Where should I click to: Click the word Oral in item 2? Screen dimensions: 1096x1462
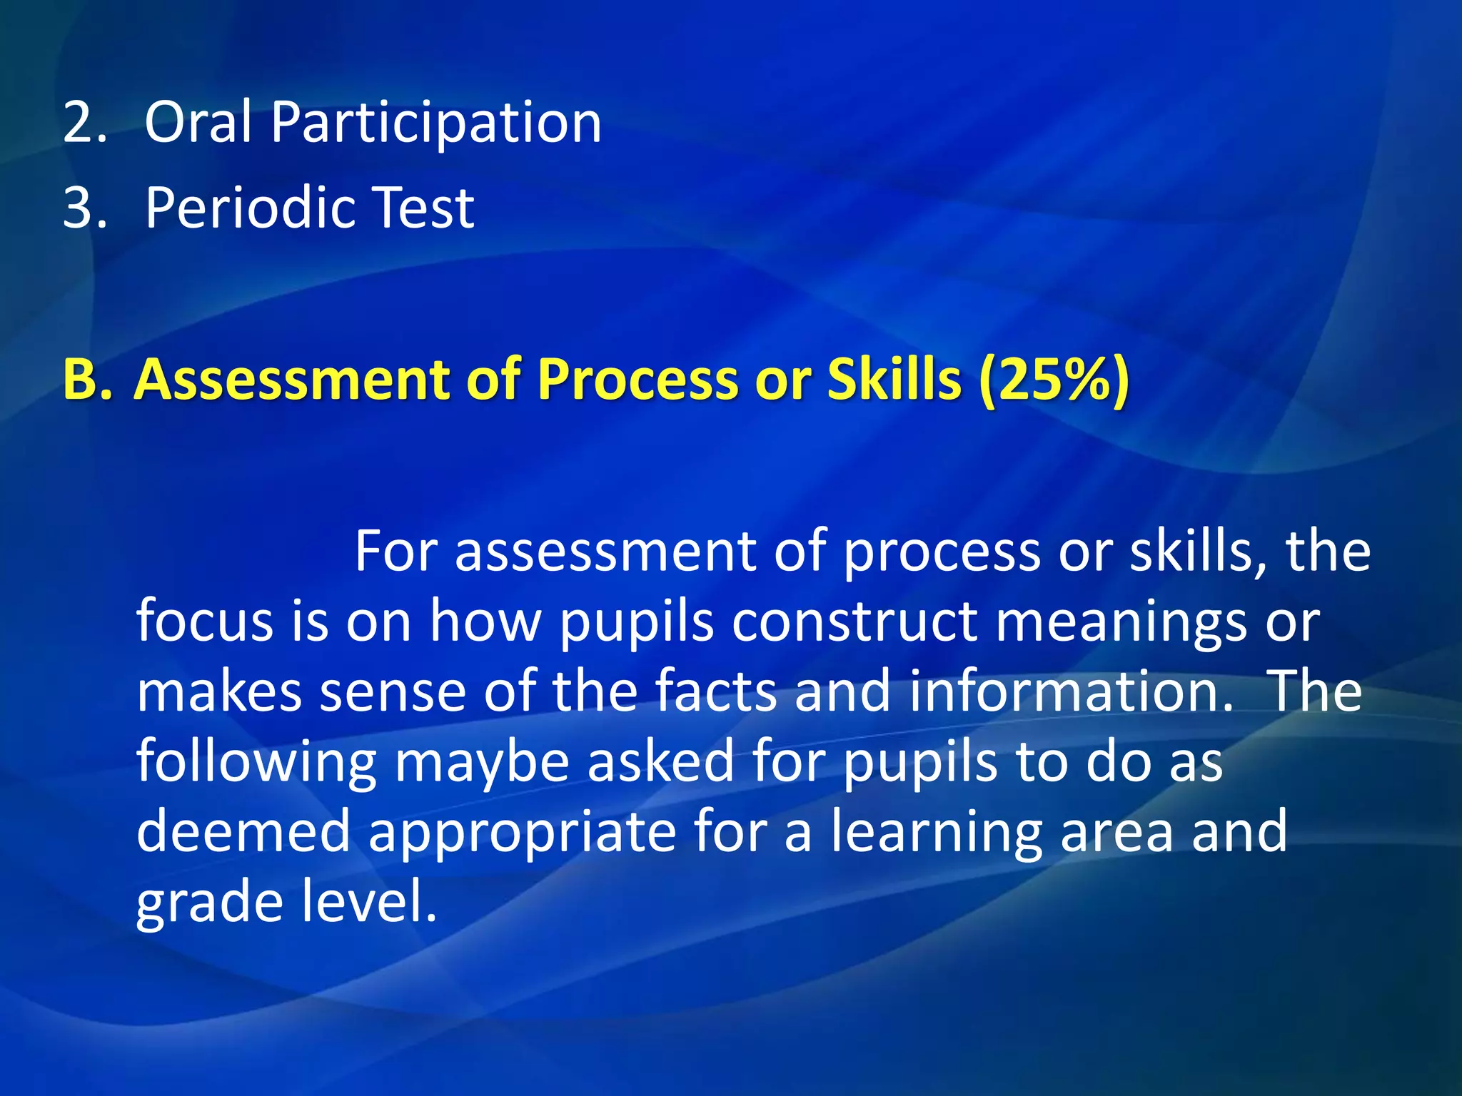(198, 123)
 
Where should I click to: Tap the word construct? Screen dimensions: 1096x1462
(854, 621)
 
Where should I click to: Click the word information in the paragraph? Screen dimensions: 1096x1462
(1071, 691)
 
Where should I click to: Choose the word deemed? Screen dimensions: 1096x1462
(243, 831)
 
